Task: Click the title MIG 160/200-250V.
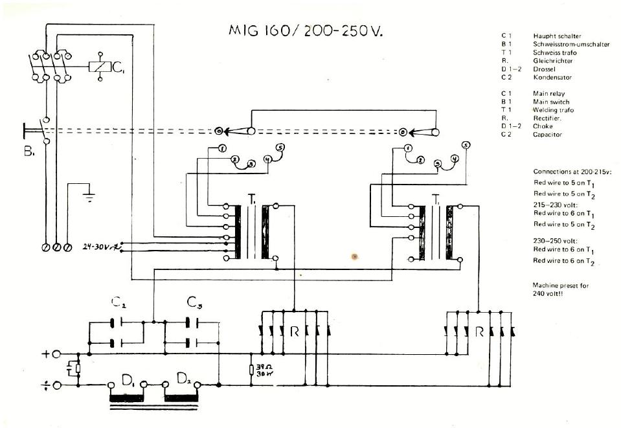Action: tap(306, 30)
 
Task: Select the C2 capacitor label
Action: tap(118, 302)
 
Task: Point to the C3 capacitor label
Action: tap(194, 302)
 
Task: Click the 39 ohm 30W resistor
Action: tap(252, 370)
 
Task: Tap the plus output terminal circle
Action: tap(57, 354)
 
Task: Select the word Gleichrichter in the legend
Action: tap(552, 61)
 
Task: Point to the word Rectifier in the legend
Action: tap(547, 118)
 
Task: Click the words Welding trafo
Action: tap(553, 110)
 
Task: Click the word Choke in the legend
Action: tap(543, 126)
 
